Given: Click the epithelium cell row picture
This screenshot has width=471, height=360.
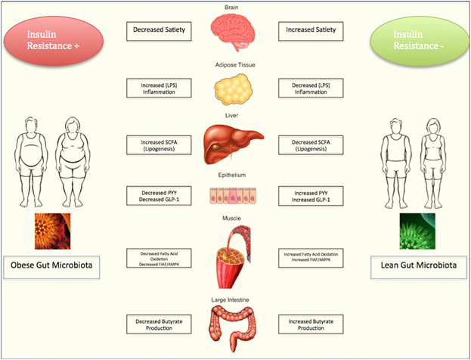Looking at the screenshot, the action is (233, 196).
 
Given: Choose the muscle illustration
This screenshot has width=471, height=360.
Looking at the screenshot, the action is (234, 257).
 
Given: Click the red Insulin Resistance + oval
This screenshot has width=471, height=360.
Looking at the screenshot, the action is (54, 41).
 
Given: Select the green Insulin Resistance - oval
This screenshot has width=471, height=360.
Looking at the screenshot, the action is (420, 41).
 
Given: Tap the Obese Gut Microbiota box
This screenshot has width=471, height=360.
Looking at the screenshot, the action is (51, 267).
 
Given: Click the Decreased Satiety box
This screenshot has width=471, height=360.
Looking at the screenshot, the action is (159, 31).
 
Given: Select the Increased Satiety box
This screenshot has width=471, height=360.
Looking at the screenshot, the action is (311, 31).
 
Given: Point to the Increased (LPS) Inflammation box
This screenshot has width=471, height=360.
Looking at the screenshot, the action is (159, 88).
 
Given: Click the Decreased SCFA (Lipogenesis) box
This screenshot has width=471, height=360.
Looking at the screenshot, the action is (311, 145).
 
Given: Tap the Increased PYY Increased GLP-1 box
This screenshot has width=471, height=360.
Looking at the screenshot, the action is (311, 196).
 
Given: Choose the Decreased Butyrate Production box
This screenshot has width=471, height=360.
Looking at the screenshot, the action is (159, 324).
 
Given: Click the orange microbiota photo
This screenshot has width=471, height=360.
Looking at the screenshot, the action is (53, 231).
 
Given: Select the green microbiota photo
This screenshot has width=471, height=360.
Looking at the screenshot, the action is (417, 231).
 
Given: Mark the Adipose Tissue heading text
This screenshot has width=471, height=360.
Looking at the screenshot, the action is (235, 65).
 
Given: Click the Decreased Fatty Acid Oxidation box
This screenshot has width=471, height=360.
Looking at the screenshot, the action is (159, 258).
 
